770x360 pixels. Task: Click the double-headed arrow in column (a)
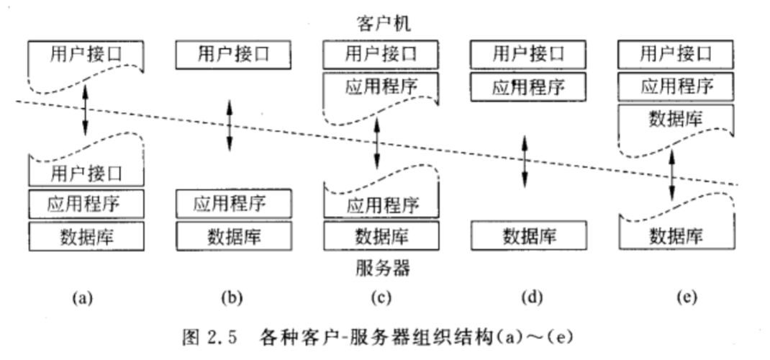pos(86,110)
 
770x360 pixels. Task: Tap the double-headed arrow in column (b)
pos(230,126)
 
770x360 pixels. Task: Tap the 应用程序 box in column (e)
pos(676,86)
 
